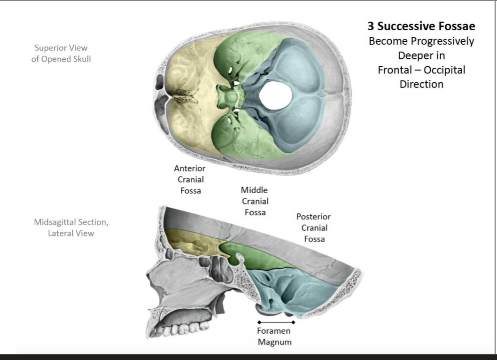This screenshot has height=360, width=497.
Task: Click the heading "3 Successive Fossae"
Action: tap(421, 27)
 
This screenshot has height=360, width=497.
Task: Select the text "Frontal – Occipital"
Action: tap(421, 70)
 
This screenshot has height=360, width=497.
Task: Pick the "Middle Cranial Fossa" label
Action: tap(254, 201)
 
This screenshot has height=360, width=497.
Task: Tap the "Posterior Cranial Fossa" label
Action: tap(313, 228)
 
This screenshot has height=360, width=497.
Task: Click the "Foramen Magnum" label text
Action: tap(275, 337)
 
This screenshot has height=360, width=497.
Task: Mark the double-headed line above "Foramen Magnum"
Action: tap(276, 322)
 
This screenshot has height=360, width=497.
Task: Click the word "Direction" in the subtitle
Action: tap(421, 85)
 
